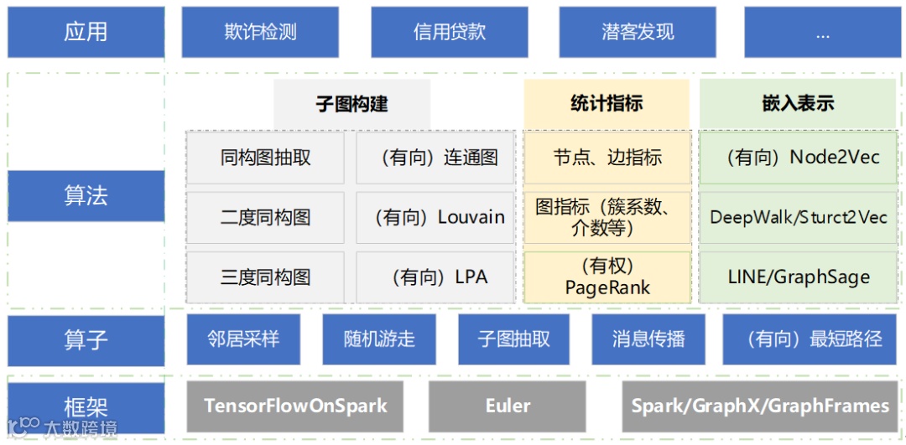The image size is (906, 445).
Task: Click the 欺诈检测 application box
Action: (260, 33)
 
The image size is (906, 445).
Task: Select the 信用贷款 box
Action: (450, 33)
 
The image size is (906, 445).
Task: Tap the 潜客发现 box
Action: (638, 33)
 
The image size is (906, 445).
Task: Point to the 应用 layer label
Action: (86, 33)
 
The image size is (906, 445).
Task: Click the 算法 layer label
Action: (86, 196)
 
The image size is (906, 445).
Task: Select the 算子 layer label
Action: (86, 339)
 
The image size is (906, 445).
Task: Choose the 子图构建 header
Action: (351, 104)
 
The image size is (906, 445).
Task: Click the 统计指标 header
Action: (607, 104)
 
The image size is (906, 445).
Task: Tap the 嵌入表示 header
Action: (798, 104)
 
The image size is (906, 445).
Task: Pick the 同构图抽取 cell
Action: (265, 158)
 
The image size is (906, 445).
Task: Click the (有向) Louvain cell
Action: (435, 217)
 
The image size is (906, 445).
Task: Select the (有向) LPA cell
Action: (435, 277)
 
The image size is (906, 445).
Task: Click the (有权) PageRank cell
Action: (607, 277)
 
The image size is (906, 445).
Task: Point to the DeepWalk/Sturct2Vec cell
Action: (798, 217)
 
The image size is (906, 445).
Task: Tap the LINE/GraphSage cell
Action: (798, 277)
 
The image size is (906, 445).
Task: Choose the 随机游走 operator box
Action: (379, 339)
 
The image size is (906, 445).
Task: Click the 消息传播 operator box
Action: (648, 339)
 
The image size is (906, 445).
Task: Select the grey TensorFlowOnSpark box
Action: (295, 406)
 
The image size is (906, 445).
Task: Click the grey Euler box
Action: (508, 406)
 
